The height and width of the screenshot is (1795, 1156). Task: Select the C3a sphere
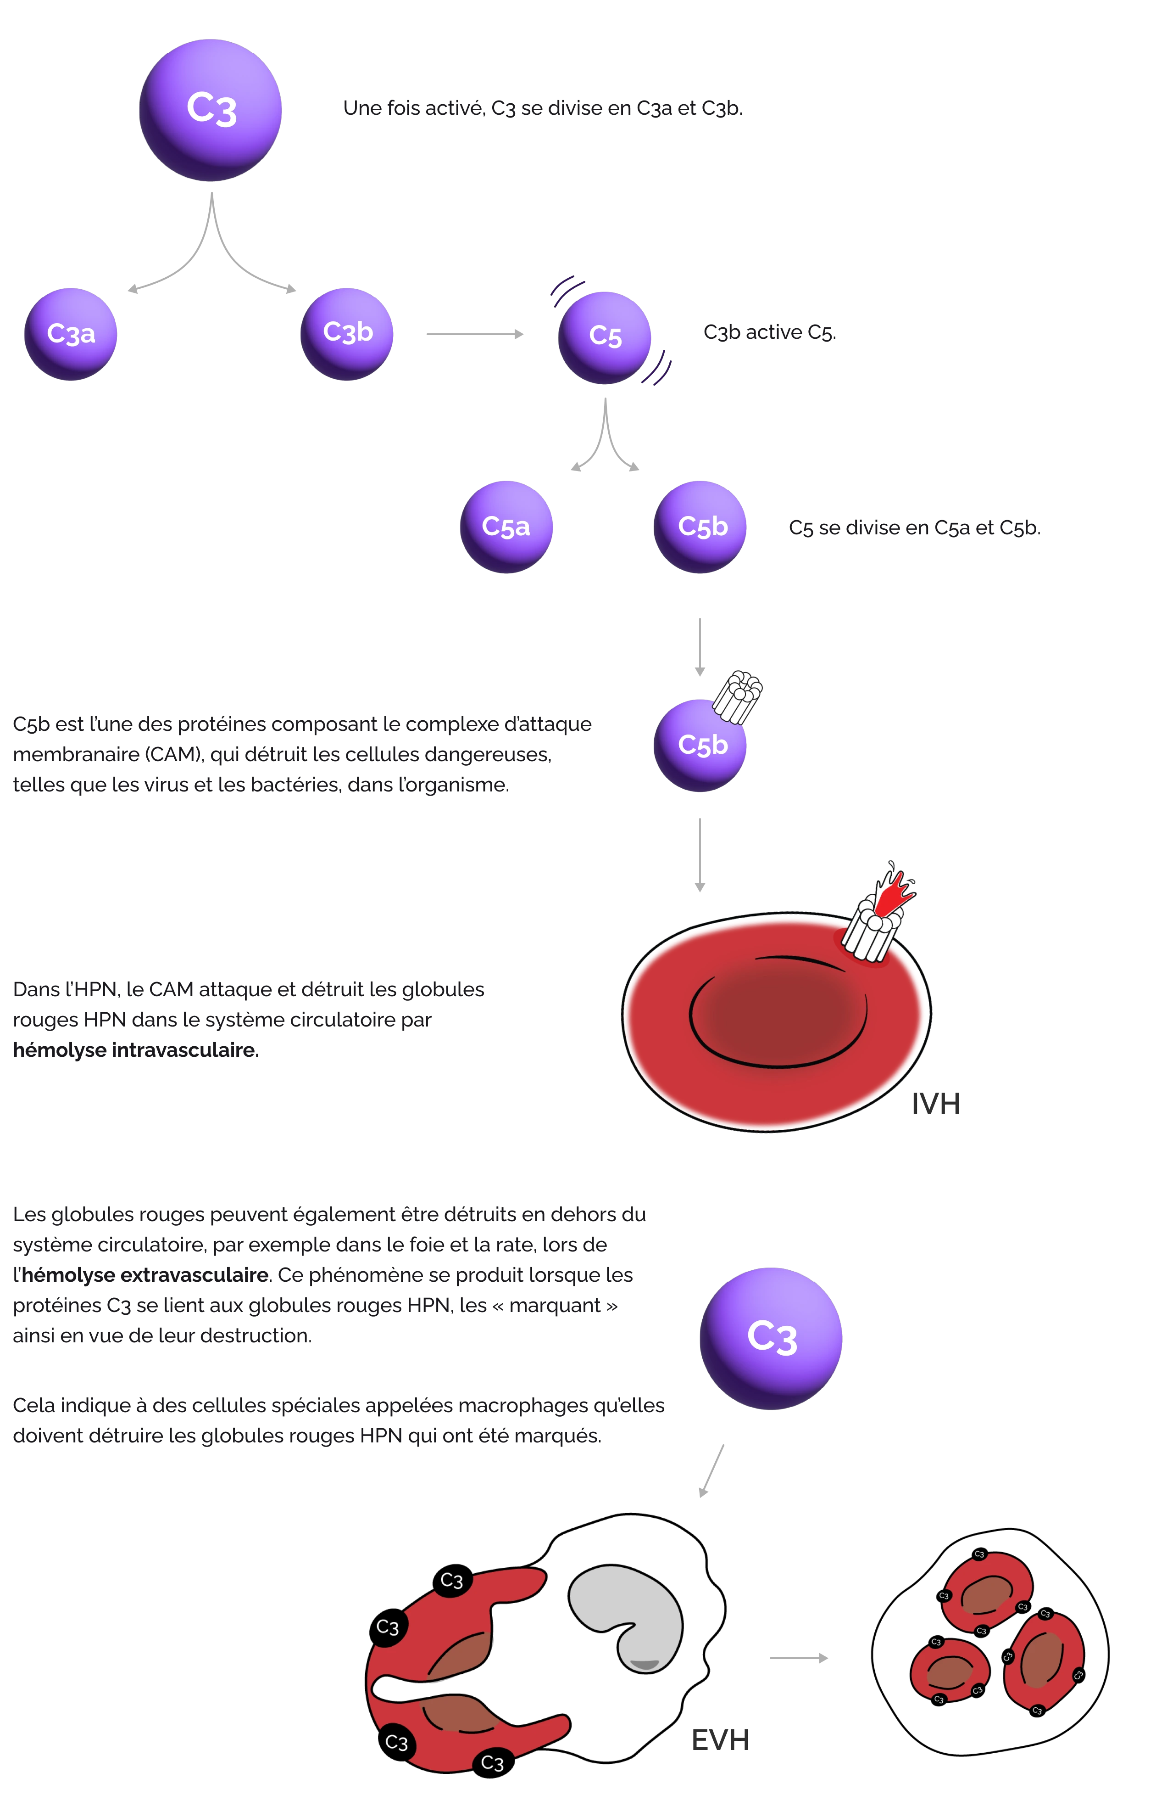pyautogui.click(x=71, y=333)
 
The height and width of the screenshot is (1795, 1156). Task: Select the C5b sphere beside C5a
pyautogui.click(x=700, y=527)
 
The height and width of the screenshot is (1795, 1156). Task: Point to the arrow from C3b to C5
pyautogui.click(x=474, y=334)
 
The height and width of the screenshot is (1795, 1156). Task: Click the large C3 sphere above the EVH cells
pyautogui.click(x=771, y=1338)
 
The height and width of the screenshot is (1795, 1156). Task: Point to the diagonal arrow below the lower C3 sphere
pyautogui.click(x=711, y=1470)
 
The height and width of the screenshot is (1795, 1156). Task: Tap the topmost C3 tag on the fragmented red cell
pyautogui.click(x=451, y=1580)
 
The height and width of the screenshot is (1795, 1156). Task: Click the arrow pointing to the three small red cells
pyautogui.click(x=797, y=1658)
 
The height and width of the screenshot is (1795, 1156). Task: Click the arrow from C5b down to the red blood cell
pyautogui.click(x=700, y=853)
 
